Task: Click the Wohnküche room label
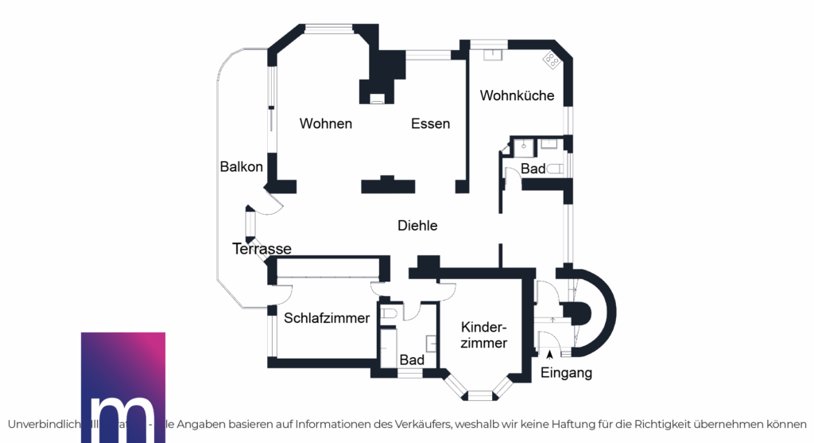coord(517,95)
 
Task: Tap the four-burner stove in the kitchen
coord(551,59)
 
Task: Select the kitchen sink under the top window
coord(493,54)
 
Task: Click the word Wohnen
coord(326,124)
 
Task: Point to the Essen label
coord(431,124)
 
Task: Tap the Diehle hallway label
coord(417,226)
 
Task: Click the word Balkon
coord(242,167)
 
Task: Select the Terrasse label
coord(262,249)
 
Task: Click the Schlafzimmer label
coord(327,318)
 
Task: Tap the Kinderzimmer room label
coord(484,335)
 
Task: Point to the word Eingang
coord(566,373)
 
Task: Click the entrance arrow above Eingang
coord(549,354)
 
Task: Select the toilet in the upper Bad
coord(555,169)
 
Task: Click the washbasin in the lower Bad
coord(432,344)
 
